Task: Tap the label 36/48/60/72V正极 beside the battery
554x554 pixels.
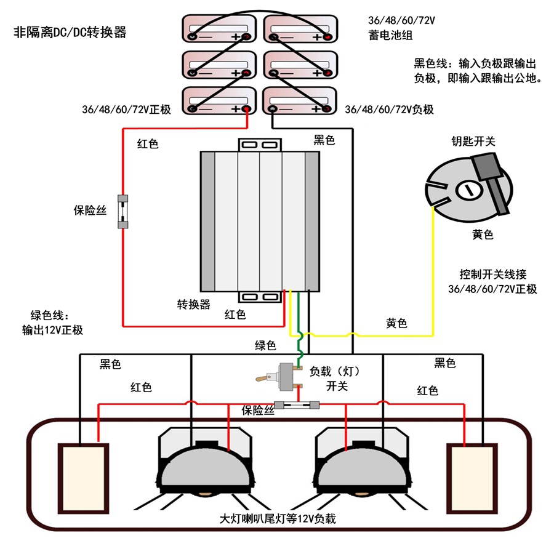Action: tap(126, 109)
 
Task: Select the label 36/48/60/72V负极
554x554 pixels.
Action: tap(389, 109)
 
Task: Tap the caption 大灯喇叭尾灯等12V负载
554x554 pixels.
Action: tap(278, 519)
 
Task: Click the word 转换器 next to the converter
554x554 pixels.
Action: tap(194, 304)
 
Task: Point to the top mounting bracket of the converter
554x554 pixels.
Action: tap(259, 145)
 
